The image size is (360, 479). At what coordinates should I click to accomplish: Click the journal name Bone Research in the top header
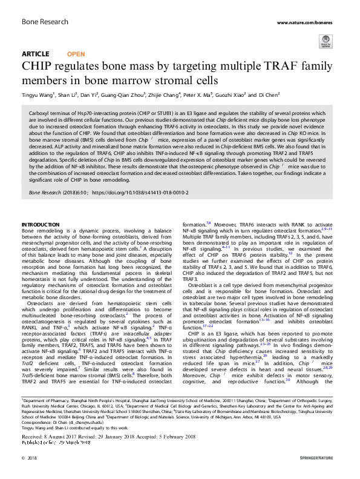[42, 22]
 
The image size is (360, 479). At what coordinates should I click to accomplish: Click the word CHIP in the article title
[35, 66]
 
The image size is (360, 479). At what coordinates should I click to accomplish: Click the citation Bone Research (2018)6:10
[57, 192]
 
